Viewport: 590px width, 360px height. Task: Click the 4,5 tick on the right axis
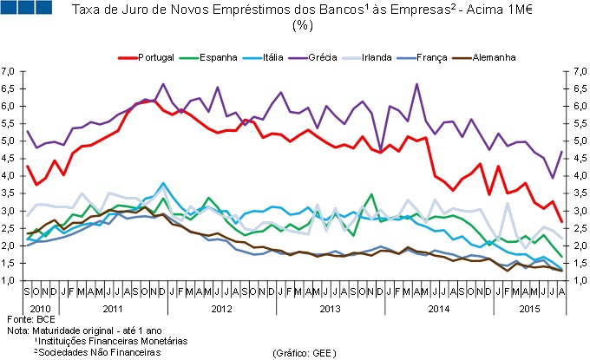576,158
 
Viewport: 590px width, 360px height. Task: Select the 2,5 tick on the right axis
576,228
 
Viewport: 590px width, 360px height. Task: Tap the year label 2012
222,310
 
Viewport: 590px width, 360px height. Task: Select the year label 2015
528,310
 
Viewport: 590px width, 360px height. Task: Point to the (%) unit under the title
302,25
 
